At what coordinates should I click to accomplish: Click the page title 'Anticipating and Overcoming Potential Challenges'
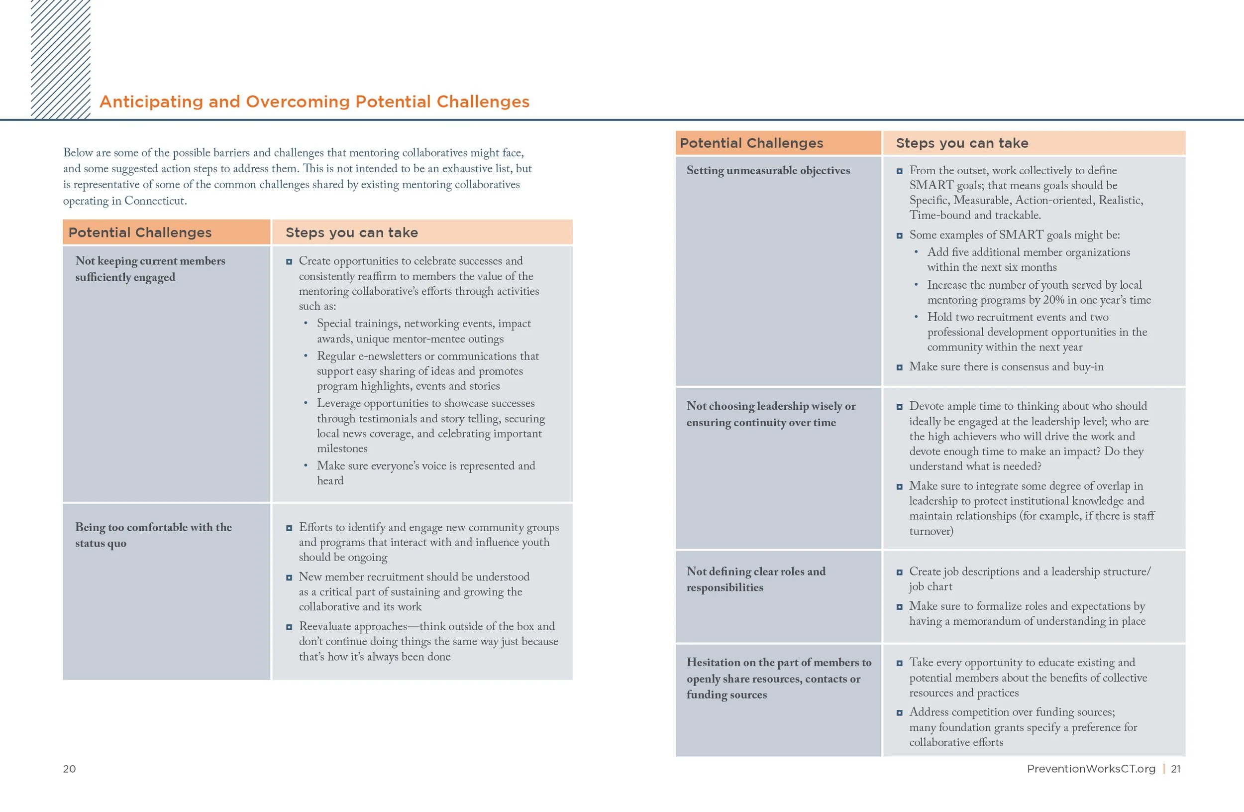coord(314,102)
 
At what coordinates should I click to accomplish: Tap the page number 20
coord(69,769)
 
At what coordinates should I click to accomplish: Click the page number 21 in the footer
coord(1175,769)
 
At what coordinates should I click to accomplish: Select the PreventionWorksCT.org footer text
coord(1091,769)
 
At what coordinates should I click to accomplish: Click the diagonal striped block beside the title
coord(61,58)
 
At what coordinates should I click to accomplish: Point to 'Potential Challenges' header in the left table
coord(140,232)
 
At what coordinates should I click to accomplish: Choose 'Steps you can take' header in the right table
coord(962,143)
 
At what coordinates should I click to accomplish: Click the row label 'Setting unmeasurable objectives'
coord(768,170)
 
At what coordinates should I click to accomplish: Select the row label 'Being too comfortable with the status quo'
coord(153,535)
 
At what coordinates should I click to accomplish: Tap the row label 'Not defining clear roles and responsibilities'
coord(756,579)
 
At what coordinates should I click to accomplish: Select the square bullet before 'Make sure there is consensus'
coord(899,367)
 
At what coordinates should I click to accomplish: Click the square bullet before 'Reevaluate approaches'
coord(289,627)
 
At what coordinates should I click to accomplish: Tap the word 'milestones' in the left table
coord(342,449)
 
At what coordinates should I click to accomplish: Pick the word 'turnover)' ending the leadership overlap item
coord(931,531)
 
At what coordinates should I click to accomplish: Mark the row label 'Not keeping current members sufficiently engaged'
coord(150,269)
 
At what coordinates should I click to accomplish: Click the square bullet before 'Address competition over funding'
coord(899,712)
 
